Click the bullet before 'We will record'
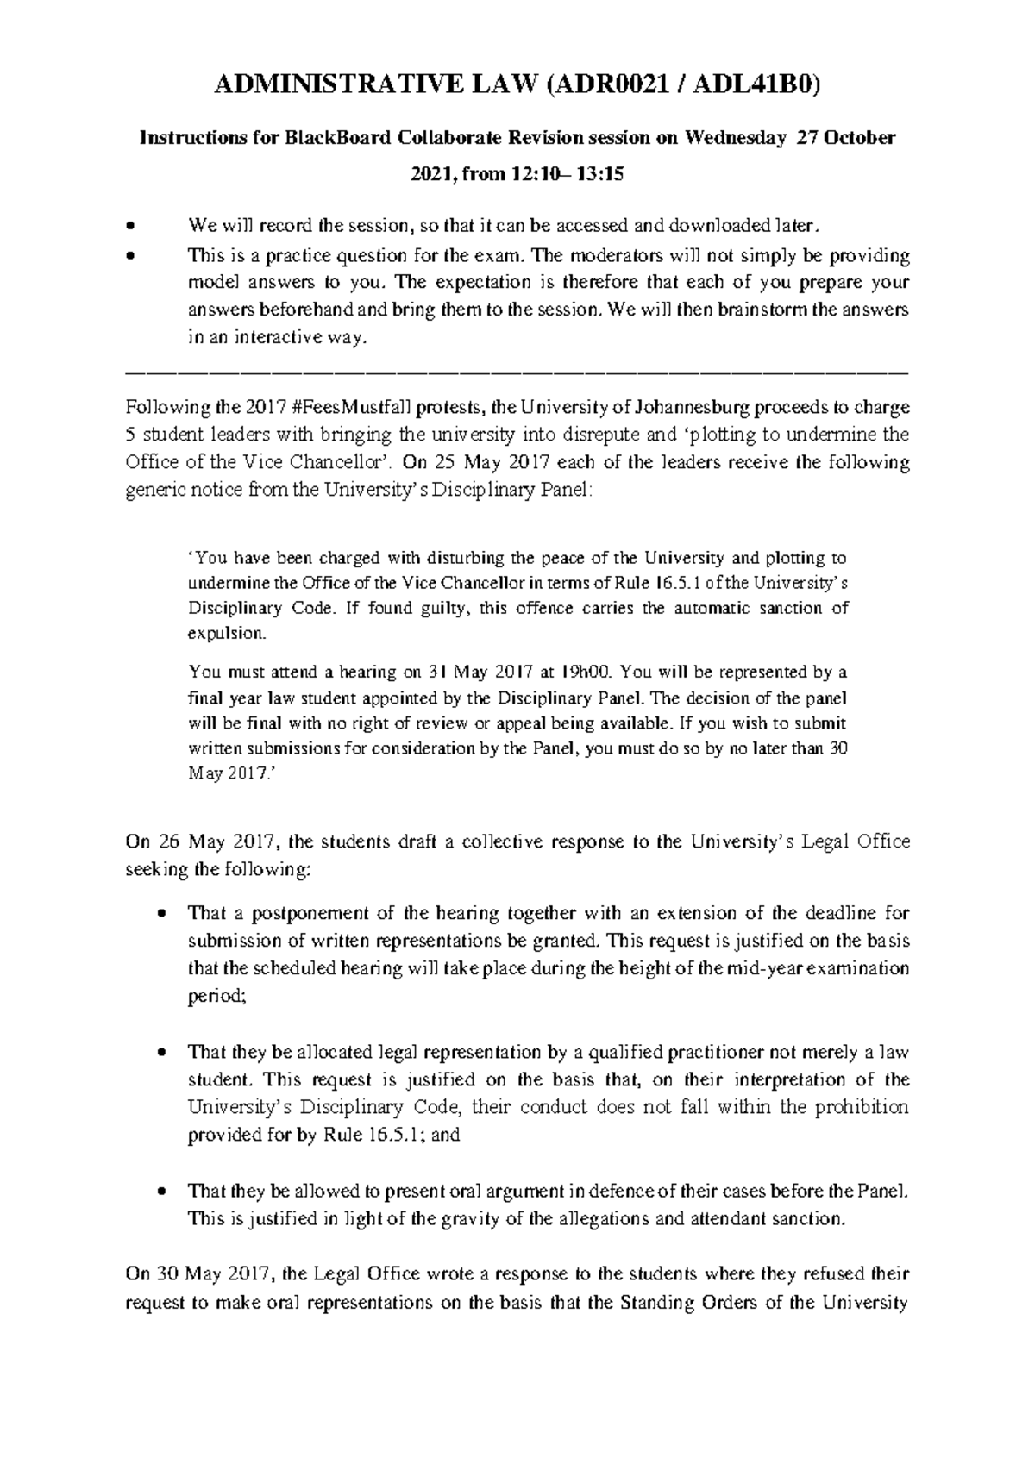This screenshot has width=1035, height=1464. [x=130, y=228]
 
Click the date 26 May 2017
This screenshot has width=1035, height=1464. [x=205, y=841]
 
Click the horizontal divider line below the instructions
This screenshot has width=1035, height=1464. [x=517, y=372]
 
